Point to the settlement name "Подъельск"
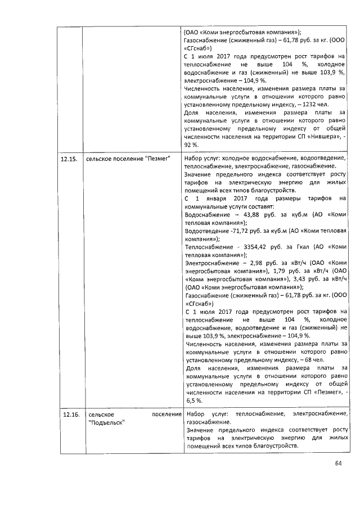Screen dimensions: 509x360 click(107, 422)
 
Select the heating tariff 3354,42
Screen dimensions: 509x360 click(256, 246)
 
